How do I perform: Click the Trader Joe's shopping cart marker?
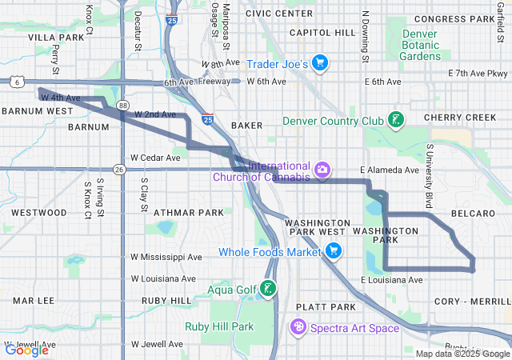(x=319, y=63)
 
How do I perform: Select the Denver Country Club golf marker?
(x=394, y=121)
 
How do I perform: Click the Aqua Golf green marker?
(x=269, y=289)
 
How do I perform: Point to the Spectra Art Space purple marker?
(x=298, y=326)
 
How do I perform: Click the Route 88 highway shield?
(x=122, y=105)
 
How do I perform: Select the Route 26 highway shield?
(x=119, y=169)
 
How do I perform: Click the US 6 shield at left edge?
(x=16, y=81)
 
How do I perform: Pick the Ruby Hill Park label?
(x=218, y=326)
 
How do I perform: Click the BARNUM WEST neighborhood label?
(x=38, y=110)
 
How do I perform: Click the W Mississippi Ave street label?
(x=166, y=258)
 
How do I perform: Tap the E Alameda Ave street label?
(x=390, y=170)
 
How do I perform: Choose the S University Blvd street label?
(x=430, y=169)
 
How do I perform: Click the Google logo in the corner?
(x=26, y=350)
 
